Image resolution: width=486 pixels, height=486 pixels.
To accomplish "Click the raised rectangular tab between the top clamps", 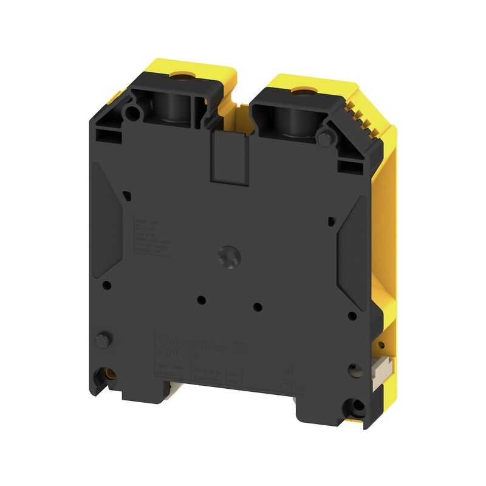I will pyautogui.click(x=230, y=156).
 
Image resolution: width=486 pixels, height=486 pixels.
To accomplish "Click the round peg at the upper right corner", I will pyautogui.click(x=325, y=139).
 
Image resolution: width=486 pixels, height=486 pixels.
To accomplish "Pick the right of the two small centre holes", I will pyautogui.click(x=257, y=306).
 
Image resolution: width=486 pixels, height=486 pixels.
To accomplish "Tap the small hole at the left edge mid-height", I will pyautogui.click(x=107, y=284).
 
